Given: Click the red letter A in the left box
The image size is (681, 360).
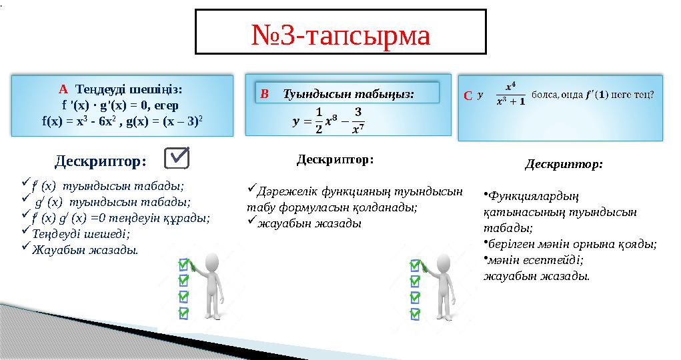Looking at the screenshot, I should coord(63,89).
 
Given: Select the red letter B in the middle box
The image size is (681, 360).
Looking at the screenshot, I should coord(265,95).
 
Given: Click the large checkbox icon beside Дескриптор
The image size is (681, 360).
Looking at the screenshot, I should coord(176,159).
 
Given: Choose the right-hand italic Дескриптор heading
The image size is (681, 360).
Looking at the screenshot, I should coord(564,163).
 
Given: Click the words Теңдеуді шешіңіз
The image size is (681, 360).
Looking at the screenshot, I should coord(129,89).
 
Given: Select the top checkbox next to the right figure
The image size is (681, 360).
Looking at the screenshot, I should coord(415,265).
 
